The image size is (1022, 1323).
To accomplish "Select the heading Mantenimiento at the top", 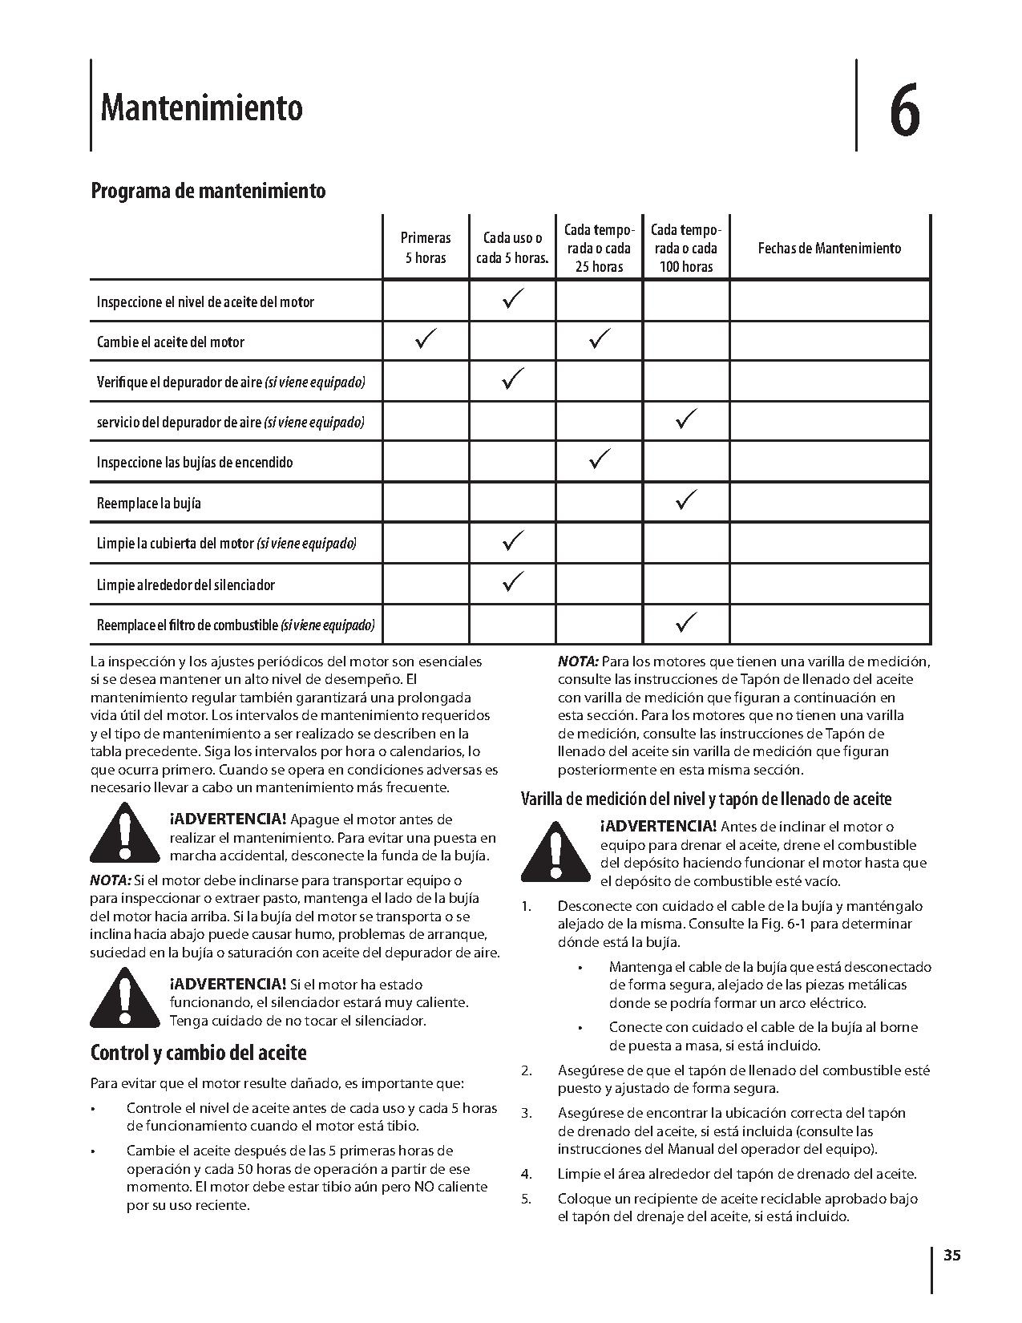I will [x=201, y=107].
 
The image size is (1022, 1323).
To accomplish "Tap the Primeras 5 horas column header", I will [x=426, y=248].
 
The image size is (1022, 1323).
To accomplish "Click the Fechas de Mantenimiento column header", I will [x=829, y=248].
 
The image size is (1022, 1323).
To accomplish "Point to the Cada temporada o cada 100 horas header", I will [x=685, y=248].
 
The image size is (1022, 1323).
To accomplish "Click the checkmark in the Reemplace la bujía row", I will [x=686, y=500].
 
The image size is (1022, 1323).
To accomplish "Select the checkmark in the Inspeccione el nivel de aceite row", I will [x=512, y=301].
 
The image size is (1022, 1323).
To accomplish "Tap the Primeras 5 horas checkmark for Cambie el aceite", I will [x=426, y=340].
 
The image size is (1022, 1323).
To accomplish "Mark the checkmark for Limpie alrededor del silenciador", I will [x=512, y=581].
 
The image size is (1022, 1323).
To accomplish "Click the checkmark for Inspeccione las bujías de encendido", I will [x=599, y=459].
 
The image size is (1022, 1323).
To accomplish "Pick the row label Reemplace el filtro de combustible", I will [x=236, y=625].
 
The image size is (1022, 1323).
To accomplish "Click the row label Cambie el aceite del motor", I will [x=170, y=342].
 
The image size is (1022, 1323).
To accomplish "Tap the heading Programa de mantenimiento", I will [x=208, y=191].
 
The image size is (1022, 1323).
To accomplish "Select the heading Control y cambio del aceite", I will [x=198, y=1052].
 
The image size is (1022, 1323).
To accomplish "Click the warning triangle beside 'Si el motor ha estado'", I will [x=123, y=997].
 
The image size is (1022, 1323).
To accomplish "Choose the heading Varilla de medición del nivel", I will [x=705, y=799].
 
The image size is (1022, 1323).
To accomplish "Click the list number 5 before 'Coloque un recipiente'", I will [x=526, y=1199].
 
